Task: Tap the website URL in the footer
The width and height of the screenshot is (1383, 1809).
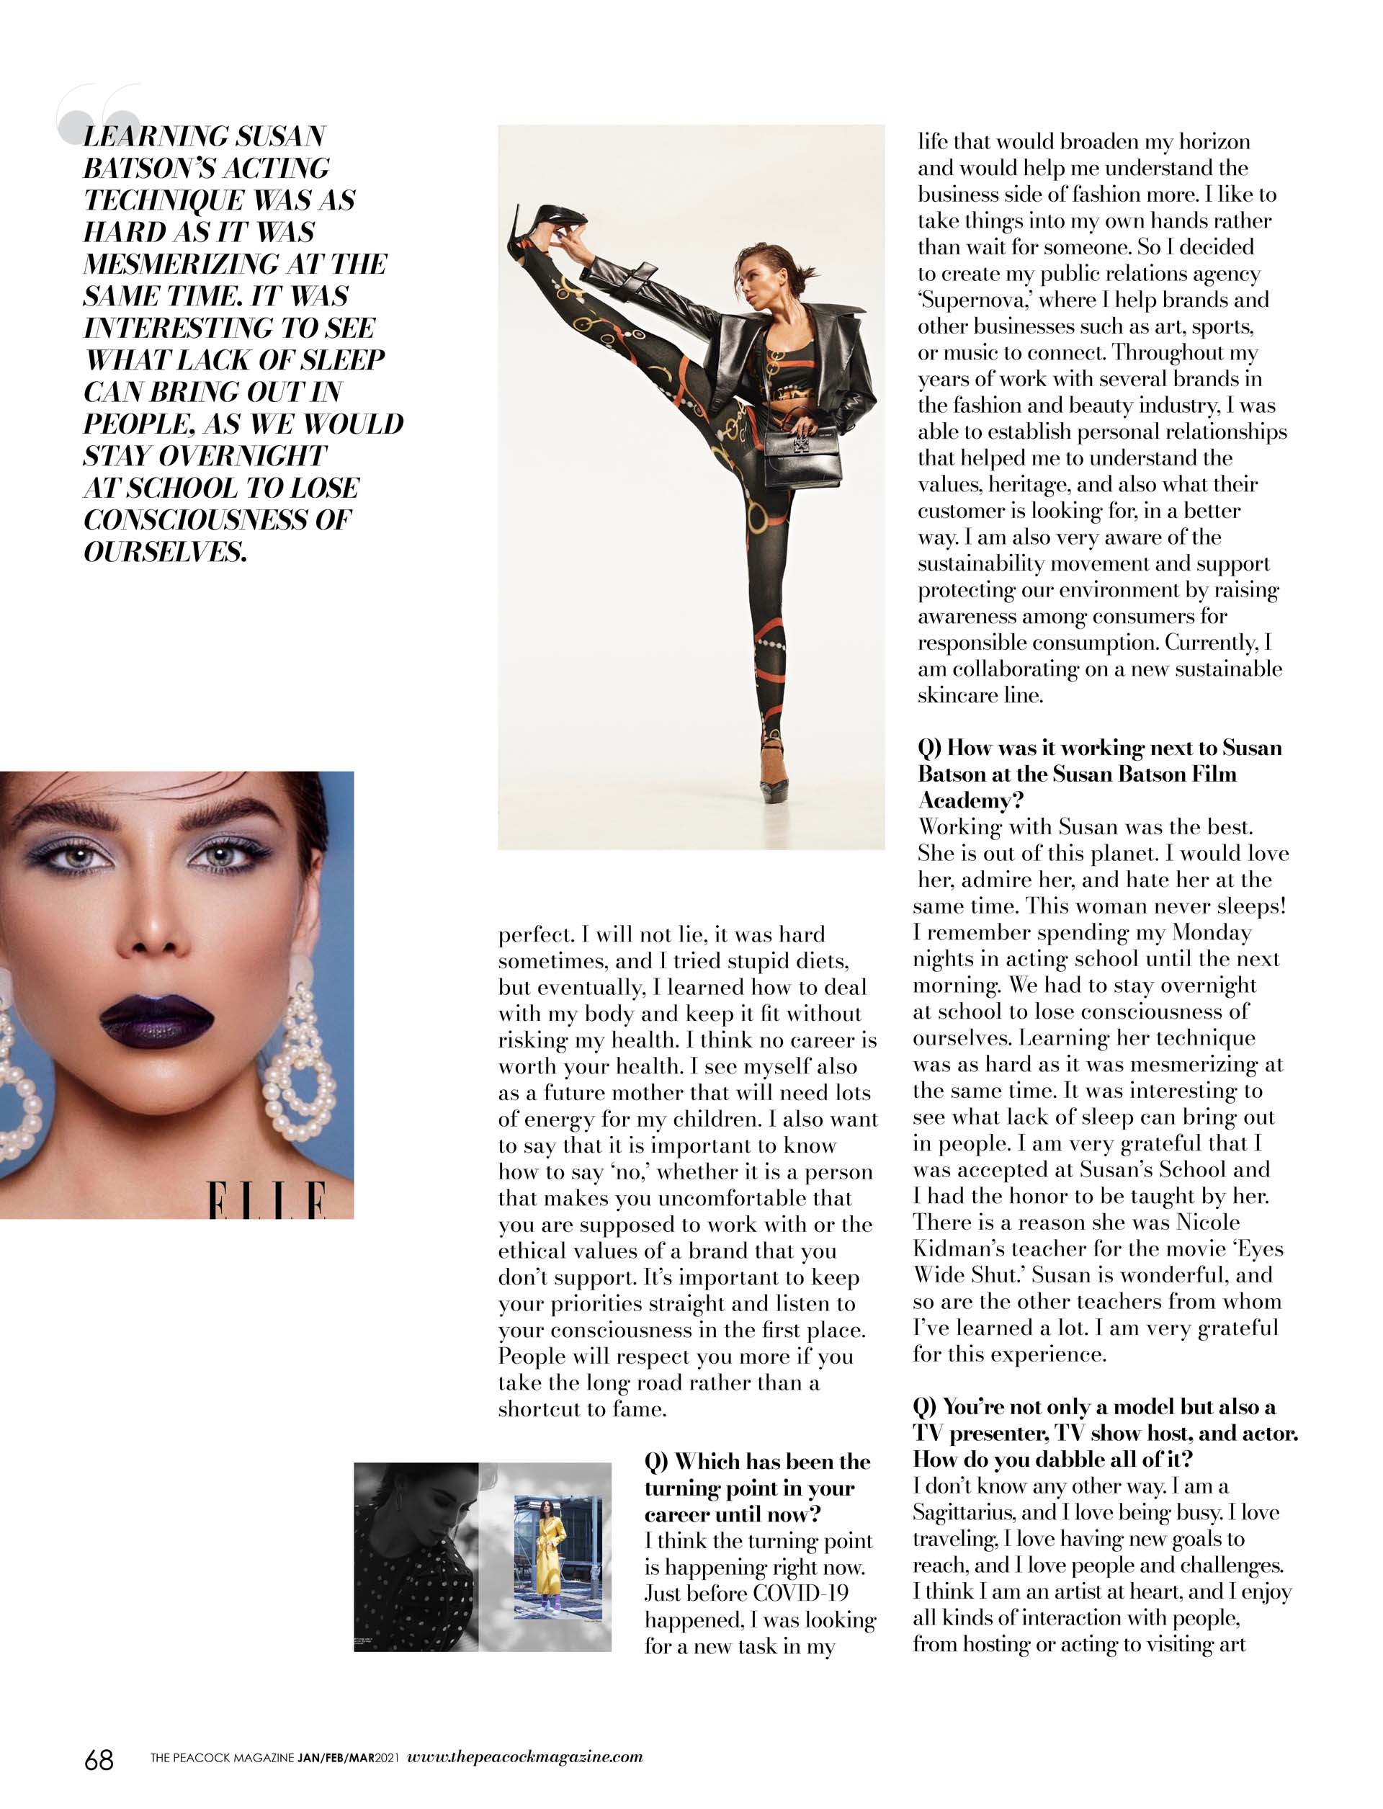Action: pos(524,1756)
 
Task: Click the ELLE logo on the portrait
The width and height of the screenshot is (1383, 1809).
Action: pos(266,1200)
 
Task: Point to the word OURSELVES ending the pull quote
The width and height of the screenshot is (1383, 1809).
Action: pos(165,552)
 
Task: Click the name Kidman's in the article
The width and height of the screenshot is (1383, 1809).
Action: pos(961,1249)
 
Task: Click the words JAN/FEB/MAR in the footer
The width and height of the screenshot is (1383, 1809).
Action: pos(336,1758)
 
